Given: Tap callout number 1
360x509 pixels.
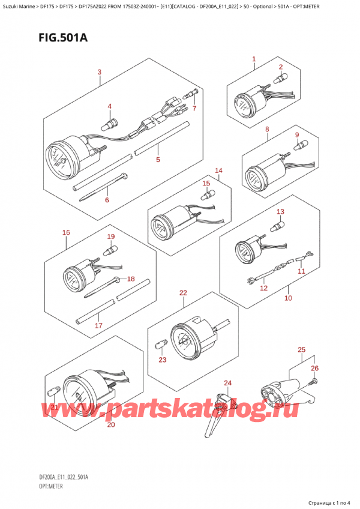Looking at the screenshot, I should (254, 59).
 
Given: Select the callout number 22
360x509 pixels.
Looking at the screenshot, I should (183, 293).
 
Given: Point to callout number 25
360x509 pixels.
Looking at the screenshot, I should (301, 349).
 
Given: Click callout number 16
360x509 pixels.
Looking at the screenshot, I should (66, 232).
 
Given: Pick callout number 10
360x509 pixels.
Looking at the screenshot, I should (287, 298).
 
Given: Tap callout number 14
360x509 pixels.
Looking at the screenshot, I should (218, 170).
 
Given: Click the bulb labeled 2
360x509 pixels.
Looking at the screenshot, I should (280, 79).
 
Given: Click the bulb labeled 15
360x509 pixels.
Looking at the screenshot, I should (208, 194).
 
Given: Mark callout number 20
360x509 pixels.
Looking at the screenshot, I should (110, 425).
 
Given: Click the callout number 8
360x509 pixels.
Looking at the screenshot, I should (266, 129).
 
